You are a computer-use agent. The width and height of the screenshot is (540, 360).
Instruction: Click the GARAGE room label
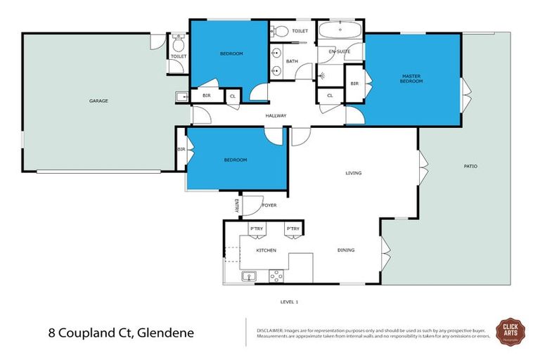[x=98, y=101]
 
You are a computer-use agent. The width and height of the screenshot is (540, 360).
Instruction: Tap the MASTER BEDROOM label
[x=411, y=78]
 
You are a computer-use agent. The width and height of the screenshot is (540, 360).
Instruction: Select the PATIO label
[x=470, y=166]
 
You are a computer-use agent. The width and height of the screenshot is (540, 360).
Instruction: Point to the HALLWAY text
[x=276, y=116]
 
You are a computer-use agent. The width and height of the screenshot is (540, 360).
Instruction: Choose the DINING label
[x=345, y=250]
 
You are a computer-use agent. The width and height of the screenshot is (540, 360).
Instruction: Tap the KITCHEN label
[x=266, y=250]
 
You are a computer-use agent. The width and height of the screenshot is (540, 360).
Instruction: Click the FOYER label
[x=269, y=206]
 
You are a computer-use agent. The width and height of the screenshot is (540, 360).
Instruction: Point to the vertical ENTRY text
[x=237, y=205]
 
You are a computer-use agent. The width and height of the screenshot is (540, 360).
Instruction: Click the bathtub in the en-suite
[x=339, y=31]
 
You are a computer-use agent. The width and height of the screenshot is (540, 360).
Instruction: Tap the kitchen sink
[x=248, y=276]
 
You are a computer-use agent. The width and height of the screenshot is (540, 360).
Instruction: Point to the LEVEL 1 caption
[x=289, y=302]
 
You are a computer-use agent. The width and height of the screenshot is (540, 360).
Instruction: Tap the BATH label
[x=291, y=62]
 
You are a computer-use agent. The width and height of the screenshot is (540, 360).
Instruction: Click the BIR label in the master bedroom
[x=354, y=84]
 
